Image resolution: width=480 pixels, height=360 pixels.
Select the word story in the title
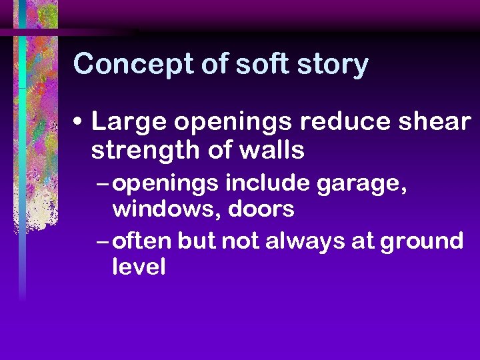(x=335, y=65)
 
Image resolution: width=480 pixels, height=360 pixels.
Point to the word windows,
(x=167, y=210)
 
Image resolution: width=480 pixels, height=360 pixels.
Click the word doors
(x=261, y=210)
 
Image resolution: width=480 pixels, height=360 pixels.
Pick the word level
(x=139, y=268)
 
